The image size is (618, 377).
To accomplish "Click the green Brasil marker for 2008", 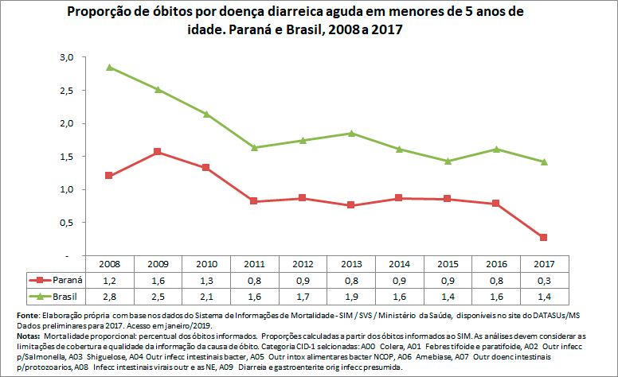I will tap(108, 68).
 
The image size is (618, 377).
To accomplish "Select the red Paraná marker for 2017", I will tap(544, 237).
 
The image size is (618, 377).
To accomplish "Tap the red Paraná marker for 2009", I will tap(157, 151).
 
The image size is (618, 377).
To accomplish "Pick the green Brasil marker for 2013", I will tap(350, 133).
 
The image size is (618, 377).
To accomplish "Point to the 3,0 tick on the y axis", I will tap(66, 57).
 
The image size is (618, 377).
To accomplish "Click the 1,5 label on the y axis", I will tap(66, 157).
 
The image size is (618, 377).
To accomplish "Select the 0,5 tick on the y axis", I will tap(66, 223).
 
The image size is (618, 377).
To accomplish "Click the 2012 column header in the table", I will tap(302, 262).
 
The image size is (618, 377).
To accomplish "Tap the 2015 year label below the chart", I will tap(448, 262).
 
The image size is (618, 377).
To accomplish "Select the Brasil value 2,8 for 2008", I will tap(109, 296).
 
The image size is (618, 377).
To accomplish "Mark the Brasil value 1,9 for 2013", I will tap(350, 296).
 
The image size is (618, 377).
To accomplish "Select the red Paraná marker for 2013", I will tap(350, 205).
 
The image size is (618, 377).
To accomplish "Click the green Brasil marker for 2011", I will tap(253, 147).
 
